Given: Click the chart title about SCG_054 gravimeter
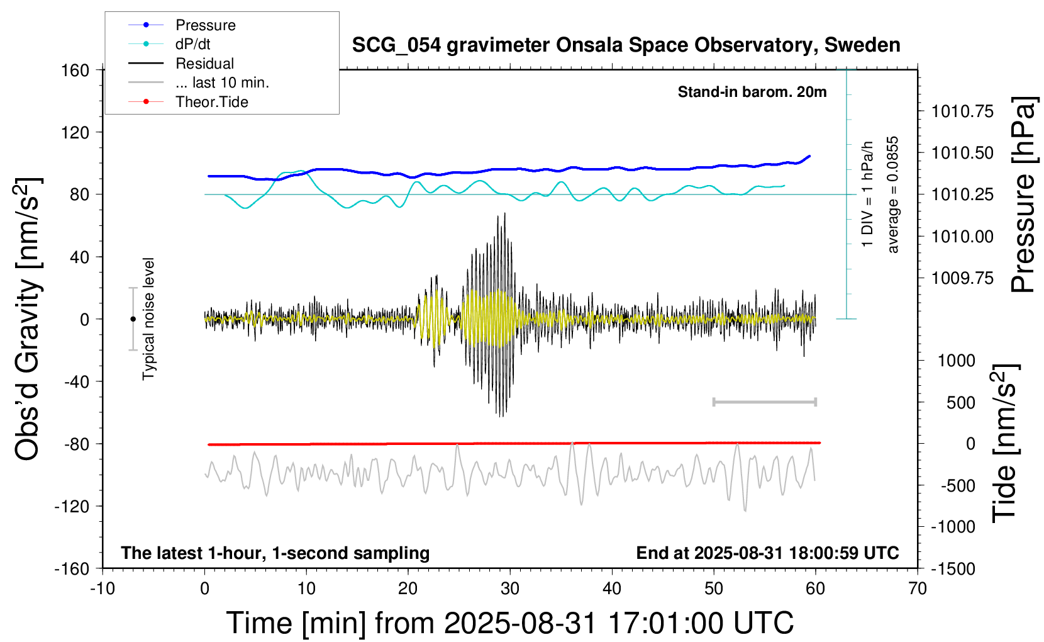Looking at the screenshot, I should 626,45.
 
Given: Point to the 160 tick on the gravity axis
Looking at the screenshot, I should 75,70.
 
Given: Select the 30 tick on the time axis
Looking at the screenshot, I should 510,589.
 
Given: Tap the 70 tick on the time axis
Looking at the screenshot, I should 918,589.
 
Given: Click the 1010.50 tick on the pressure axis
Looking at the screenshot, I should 962,153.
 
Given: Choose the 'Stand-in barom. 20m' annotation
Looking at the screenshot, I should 752,92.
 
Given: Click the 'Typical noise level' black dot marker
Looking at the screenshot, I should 133,319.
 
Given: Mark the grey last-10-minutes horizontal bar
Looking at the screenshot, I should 764,402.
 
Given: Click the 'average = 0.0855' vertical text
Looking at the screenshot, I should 893,195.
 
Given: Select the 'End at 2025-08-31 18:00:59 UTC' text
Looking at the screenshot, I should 767,553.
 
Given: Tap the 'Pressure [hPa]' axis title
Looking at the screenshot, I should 1023,195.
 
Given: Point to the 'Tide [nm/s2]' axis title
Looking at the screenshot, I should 1004,444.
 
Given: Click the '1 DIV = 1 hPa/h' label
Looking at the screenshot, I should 869,194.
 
